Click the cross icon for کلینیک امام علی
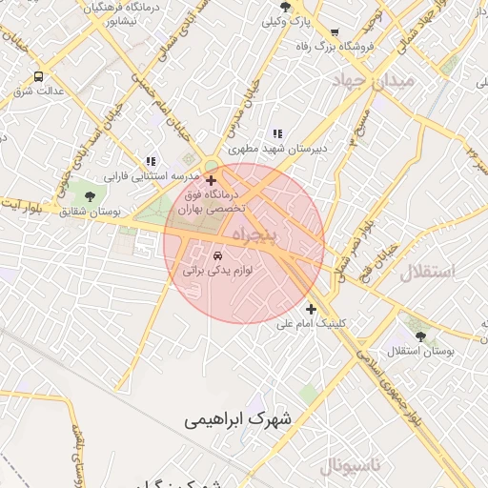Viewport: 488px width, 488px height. [x=311, y=309]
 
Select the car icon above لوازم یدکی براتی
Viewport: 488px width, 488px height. [x=218, y=255]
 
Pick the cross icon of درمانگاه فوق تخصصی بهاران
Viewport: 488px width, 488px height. [x=211, y=179]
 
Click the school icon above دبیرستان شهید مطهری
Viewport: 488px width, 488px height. [x=277, y=134]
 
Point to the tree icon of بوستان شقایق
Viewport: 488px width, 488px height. [x=90, y=196]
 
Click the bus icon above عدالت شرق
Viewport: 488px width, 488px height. [x=38, y=76]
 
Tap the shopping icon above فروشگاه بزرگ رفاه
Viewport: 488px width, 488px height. [x=333, y=31]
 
